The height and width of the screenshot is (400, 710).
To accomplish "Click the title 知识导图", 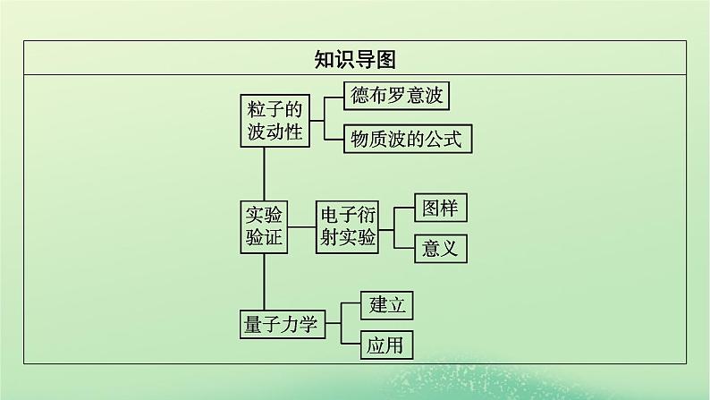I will (x=355, y=59).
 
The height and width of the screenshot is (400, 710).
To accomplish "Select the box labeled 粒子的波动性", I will (x=274, y=121).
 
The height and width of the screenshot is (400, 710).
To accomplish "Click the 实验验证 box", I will (x=264, y=226).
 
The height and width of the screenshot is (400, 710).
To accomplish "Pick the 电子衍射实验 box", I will (x=347, y=226).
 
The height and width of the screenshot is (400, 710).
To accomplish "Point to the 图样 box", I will (x=440, y=209).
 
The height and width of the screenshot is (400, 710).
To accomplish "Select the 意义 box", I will (x=440, y=247).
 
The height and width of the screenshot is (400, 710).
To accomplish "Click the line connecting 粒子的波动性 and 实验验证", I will (x=264, y=173).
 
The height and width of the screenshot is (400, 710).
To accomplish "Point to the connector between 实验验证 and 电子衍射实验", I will (x=302, y=226).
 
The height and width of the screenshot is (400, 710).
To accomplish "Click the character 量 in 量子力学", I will (x=253, y=323).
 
